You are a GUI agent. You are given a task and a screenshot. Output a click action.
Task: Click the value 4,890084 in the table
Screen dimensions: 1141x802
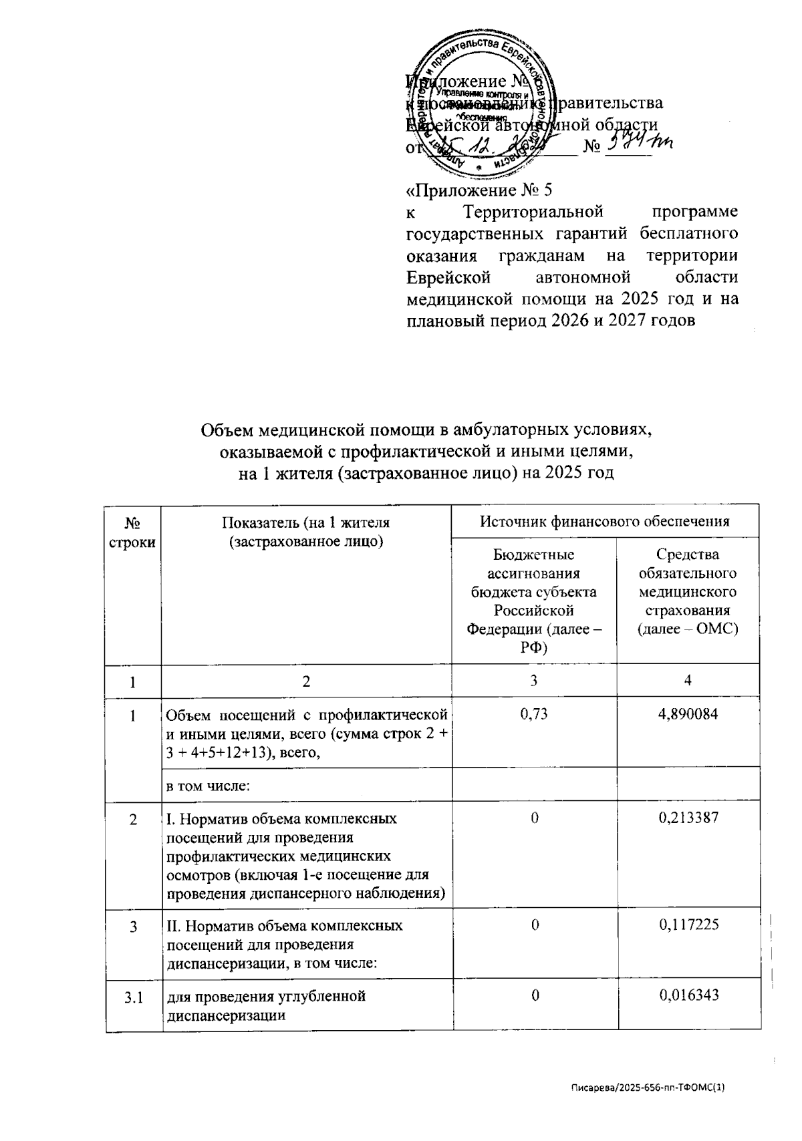[x=688, y=715]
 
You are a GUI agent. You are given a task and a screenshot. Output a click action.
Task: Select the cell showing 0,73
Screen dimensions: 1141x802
[x=533, y=715]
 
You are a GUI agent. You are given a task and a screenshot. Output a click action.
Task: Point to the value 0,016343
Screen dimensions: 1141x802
[x=688, y=996]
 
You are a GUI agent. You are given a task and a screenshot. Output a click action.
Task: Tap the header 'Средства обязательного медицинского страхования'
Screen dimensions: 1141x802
[x=688, y=592]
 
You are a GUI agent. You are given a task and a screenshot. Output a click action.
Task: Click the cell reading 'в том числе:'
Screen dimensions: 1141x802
[x=208, y=786]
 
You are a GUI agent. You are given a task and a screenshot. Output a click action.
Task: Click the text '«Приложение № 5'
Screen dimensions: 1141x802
[x=479, y=191]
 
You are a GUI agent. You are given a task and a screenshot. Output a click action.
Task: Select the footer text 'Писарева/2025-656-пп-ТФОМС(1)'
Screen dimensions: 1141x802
[x=647, y=1087]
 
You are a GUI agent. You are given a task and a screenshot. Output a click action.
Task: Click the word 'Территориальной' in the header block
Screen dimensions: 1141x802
[x=533, y=212]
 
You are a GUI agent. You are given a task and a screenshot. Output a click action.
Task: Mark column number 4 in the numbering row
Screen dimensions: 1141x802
[x=688, y=681]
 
